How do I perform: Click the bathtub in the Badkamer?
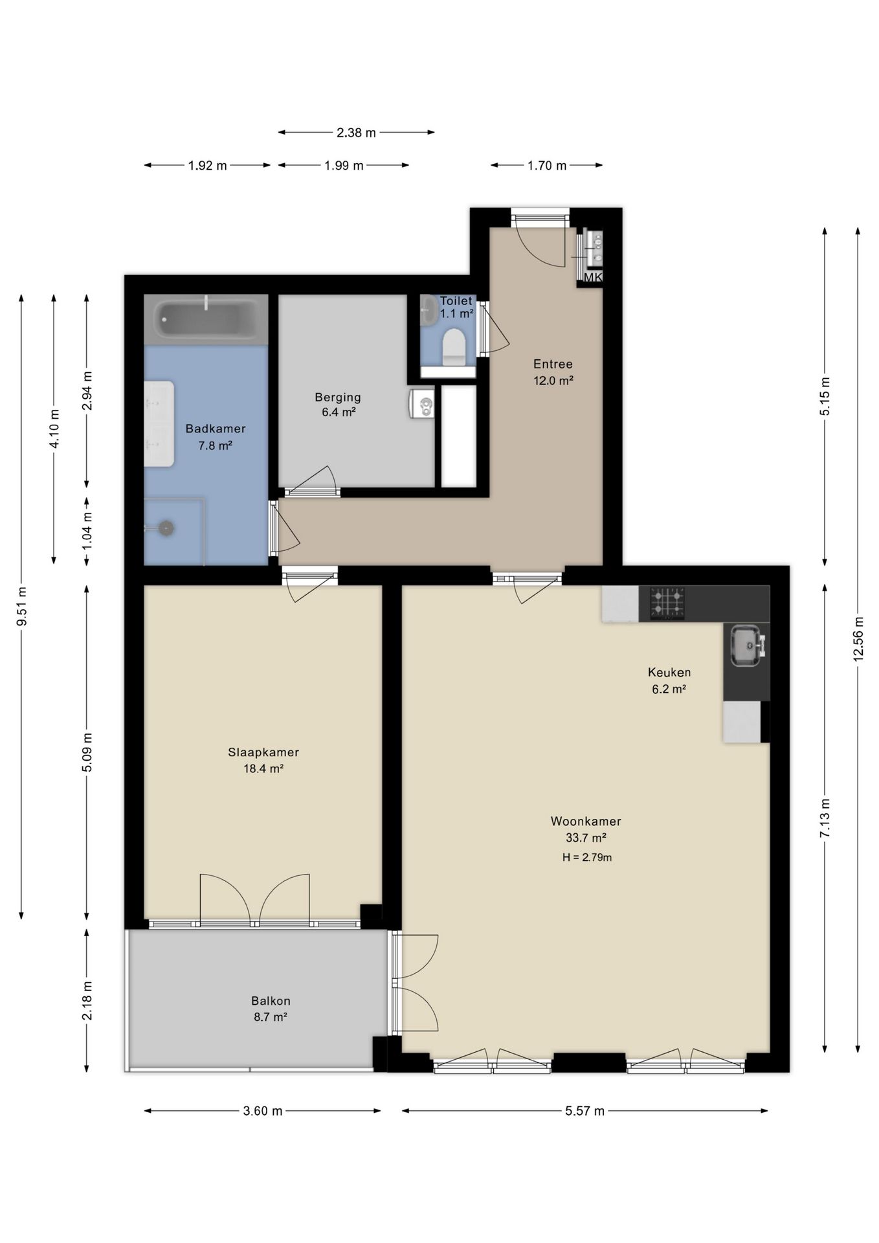point(206,320)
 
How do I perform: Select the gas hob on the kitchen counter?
point(667,603)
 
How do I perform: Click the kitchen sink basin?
point(748,645)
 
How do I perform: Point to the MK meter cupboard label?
point(593,278)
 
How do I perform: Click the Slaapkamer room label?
point(263,752)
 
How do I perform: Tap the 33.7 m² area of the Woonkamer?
point(586,838)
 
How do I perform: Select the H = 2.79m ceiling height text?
point(587,858)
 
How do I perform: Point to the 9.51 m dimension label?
point(22,606)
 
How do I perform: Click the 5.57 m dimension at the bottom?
point(585,1111)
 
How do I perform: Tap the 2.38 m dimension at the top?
point(356,133)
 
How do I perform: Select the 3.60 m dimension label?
point(263,1111)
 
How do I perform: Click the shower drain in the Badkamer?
point(167,528)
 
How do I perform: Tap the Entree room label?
point(553,364)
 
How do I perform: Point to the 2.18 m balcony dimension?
point(87,1001)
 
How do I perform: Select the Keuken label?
point(669,672)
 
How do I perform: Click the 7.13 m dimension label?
point(825,818)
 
